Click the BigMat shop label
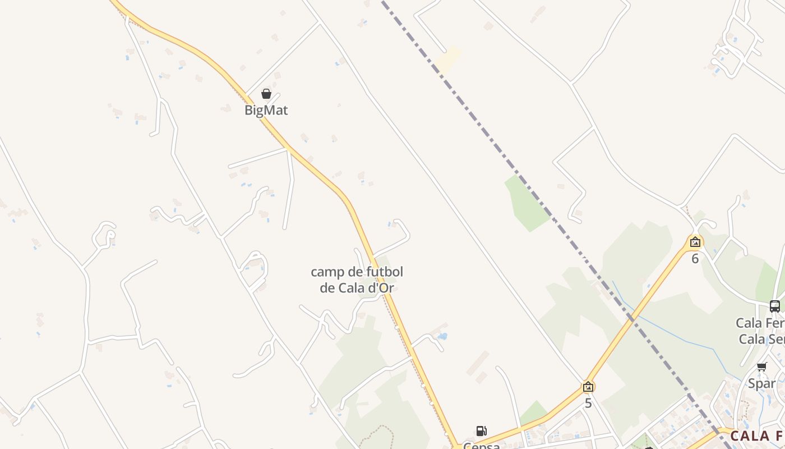266,110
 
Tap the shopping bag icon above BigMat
266,94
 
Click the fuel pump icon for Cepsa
481,431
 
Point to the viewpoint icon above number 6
695,242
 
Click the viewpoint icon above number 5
588,387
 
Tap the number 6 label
695,259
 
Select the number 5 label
588,403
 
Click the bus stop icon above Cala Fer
775,306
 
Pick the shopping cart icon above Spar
762,367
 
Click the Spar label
762,384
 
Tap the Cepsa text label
481,446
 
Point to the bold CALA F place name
757,436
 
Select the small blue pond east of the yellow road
443,337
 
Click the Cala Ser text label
761,339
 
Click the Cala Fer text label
760,323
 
